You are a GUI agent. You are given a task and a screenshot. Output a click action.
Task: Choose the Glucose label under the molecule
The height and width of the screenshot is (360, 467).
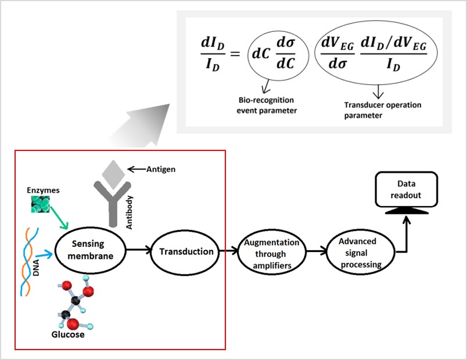tap(67, 334)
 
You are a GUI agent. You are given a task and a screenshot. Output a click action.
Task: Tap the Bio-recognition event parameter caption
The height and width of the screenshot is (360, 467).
tap(268, 106)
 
